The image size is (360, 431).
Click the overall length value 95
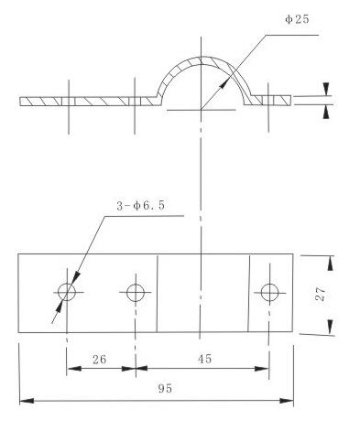(165, 389)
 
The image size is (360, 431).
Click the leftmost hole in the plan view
(67, 293)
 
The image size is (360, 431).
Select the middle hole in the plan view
(136, 293)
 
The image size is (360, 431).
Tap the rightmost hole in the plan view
(268, 293)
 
